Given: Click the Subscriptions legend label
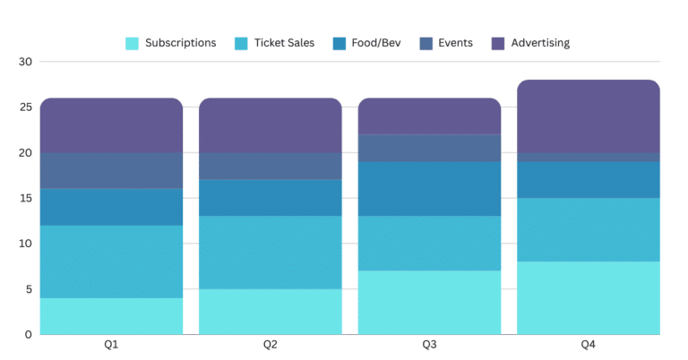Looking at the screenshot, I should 180,43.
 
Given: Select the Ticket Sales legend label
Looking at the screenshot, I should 284,43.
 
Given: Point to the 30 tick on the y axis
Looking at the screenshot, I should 24,62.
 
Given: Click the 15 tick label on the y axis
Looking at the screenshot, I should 24,198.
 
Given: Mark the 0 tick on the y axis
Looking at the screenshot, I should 28,334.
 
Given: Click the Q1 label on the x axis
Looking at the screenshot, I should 111,345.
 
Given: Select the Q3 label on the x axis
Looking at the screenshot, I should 429,345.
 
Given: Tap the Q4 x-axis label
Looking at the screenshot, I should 589,345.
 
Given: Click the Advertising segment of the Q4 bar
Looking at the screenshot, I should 589,116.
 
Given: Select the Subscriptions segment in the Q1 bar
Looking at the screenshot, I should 111,316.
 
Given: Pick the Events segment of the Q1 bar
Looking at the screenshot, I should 111,171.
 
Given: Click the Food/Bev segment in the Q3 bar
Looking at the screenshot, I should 429,189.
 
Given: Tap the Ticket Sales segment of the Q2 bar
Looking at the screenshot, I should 270,253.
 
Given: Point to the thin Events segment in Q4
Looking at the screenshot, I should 589,157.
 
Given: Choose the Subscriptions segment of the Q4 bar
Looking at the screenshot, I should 589,297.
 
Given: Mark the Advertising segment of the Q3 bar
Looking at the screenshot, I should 429,116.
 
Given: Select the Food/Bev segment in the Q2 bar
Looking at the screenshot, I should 270,198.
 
